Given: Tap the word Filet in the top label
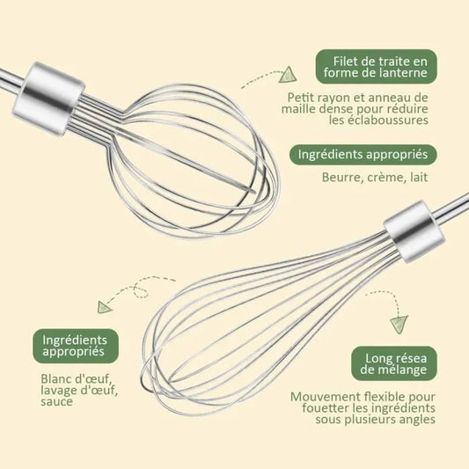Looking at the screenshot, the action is [x=346, y=62].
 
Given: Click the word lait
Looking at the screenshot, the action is [x=419, y=177].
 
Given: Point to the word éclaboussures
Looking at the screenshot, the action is [x=378, y=120].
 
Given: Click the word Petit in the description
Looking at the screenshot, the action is [x=300, y=98].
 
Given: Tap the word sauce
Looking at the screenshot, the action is [x=56, y=401].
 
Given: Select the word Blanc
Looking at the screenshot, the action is [x=56, y=379].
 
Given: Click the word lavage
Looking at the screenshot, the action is [x=58, y=391].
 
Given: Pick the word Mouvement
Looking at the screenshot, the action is [x=326, y=397].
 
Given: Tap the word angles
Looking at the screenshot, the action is [x=418, y=420].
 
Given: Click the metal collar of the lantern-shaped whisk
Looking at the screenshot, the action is [x=48, y=98].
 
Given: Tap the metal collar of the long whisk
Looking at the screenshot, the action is [x=414, y=231].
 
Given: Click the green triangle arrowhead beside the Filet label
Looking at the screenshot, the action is [x=288, y=75].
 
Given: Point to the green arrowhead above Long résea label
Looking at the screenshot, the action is [x=399, y=324].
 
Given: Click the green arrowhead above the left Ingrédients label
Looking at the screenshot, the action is [x=105, y=307].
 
